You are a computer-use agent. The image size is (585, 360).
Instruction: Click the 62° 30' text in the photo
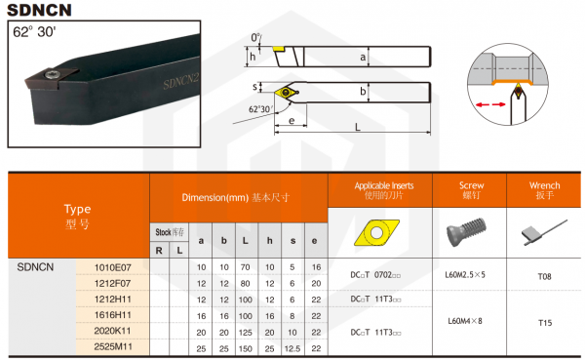coord(35,31)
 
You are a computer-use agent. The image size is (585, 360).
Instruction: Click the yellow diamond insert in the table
coord(374,231)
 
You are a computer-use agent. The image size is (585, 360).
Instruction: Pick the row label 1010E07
coord(112,266)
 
